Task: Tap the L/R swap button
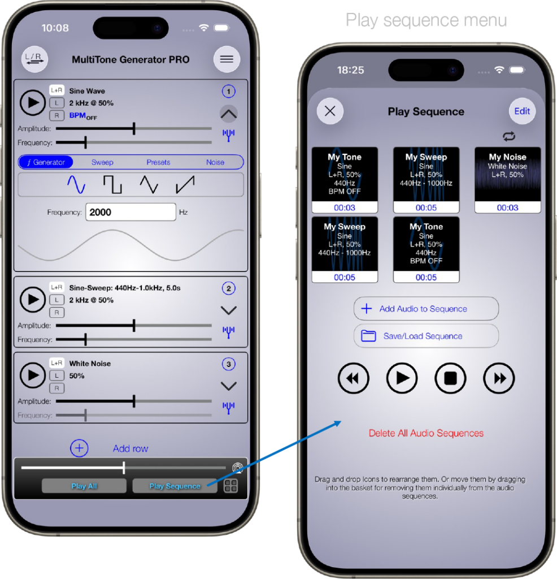(34, 59)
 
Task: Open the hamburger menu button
(227, 59)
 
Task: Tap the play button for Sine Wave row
(32, 102)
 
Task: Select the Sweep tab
(102, 162)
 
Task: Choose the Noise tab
(215, 162)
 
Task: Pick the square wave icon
(112, 184)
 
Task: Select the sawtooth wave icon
(185, 184)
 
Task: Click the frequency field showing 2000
(130, 212)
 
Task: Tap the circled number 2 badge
(228, 288)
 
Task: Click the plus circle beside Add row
(79, 448)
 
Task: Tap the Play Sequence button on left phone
(175, 486)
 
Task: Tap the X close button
(330, 111)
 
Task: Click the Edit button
(522, 111)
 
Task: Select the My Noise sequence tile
(508, 180)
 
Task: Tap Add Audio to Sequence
(426, 309)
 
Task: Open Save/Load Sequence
(426, 336)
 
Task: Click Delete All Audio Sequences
(426, 433)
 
